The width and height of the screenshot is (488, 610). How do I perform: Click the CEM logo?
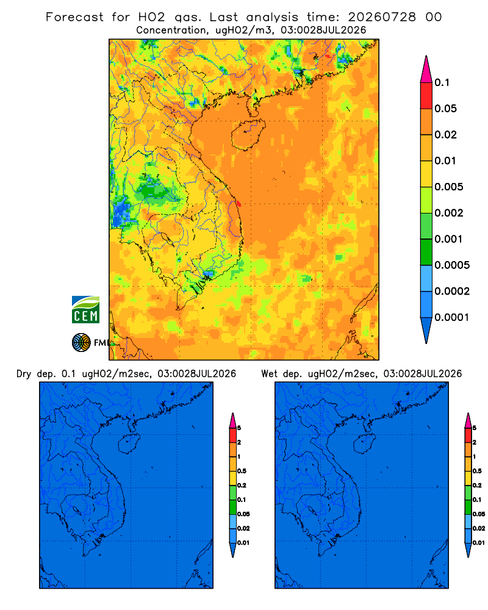tap(85, 309)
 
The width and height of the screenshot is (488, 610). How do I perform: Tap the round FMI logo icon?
tap(81, 342)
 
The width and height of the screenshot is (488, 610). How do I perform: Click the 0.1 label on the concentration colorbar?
tap(442, 82)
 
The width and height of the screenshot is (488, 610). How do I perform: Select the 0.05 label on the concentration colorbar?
tap(445, 109)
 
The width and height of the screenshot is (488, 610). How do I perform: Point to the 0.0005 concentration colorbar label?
tap(452, 265)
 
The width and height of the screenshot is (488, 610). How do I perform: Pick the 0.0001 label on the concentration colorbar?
tap(452, 317)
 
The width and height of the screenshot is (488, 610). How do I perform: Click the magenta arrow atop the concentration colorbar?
tap(426, 70)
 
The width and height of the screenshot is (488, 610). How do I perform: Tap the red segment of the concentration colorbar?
tap(426, 96)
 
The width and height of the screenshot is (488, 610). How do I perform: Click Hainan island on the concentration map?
tap(248, 135)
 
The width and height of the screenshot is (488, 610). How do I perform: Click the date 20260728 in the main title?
tap(382, 17)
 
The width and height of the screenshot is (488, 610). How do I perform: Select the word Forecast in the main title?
tap(74, 17)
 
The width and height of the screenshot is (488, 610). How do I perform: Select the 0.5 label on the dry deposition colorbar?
tap(242, 471)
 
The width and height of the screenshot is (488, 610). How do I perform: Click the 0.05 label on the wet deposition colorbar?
tap(479, 514)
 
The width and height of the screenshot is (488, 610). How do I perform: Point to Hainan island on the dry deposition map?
tap(129, 444)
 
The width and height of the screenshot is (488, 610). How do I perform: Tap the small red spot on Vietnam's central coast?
tap(239, 204)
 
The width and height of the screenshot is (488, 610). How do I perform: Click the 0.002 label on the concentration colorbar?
tap(449, 213)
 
